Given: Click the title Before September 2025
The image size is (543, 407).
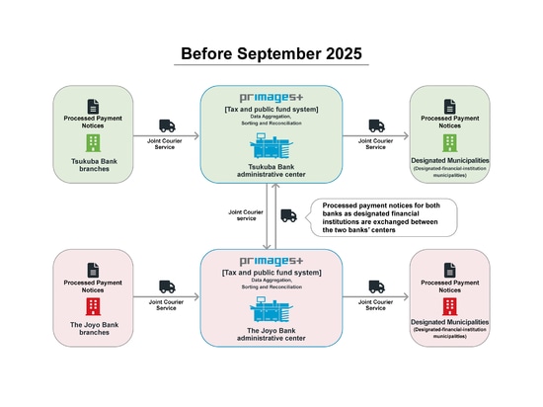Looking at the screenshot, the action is click(x=271, y=53).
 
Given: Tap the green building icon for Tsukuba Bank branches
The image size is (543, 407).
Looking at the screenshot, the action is click(x=93, y=143).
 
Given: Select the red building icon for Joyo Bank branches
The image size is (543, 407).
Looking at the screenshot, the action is click(x=93, y=306).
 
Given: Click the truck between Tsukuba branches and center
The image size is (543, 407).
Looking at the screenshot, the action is click(x=167, y=125).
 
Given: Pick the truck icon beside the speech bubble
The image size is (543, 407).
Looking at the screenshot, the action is click(x=288, y=215).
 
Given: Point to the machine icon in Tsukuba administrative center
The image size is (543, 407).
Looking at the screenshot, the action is click(x=271, y=146).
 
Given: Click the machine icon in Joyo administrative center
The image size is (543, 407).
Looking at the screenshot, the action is click(x=271, y=309).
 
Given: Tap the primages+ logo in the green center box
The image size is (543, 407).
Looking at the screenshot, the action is click(x=271, y=98).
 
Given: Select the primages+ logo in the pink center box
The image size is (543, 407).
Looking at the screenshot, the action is click(x=271, y=262).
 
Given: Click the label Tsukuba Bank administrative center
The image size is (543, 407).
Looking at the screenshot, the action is click(x=271, y=171).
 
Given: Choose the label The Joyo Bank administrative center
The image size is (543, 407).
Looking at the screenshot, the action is click(x=271, y=334).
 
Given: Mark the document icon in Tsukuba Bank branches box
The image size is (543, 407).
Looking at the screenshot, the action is click(x=93, y=107).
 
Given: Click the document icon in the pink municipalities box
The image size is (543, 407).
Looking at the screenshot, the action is click(x=450, y=270).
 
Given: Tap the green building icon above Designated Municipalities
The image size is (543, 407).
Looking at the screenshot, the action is click(x=450, y=143).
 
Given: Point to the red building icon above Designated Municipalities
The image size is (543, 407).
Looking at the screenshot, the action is click(x=450, y=306).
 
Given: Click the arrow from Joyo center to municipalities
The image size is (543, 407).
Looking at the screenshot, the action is click(x=376, y=296).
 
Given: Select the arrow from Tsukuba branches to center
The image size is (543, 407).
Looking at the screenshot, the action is click(x=167, y=135).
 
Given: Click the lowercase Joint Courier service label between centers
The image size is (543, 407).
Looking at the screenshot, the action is click(x=246, y=215).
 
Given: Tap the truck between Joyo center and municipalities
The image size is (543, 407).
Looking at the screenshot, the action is click(x=376, y=286).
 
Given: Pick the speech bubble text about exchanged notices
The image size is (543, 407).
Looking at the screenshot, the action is click(x=381, y=217).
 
